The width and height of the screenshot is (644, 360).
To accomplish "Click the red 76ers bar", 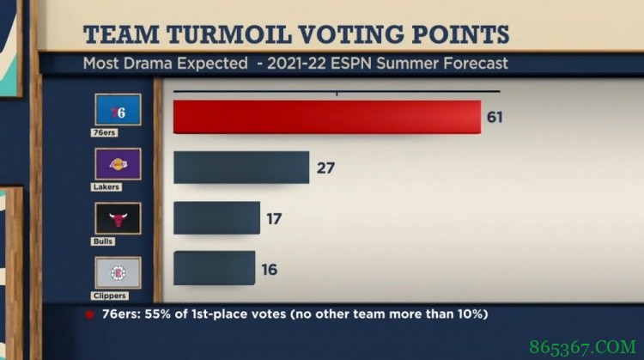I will point(326,117).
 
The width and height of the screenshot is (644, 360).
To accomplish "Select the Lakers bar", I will point(240,167).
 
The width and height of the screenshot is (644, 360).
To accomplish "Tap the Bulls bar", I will point(216,217).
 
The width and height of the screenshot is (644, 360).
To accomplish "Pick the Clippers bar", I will point(214,268).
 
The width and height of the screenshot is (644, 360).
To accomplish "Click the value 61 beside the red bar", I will point(495,117).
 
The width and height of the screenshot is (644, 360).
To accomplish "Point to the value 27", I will point(325,168).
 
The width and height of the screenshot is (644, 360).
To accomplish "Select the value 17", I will point(274,218).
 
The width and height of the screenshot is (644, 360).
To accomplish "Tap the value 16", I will point(270,269).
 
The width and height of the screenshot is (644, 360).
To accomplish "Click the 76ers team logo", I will point(118,113).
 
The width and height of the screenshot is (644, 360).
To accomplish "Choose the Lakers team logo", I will point(118,163).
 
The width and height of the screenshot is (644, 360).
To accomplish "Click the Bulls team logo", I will point(118,217).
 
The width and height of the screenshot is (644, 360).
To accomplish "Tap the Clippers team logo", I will point(118,272).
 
